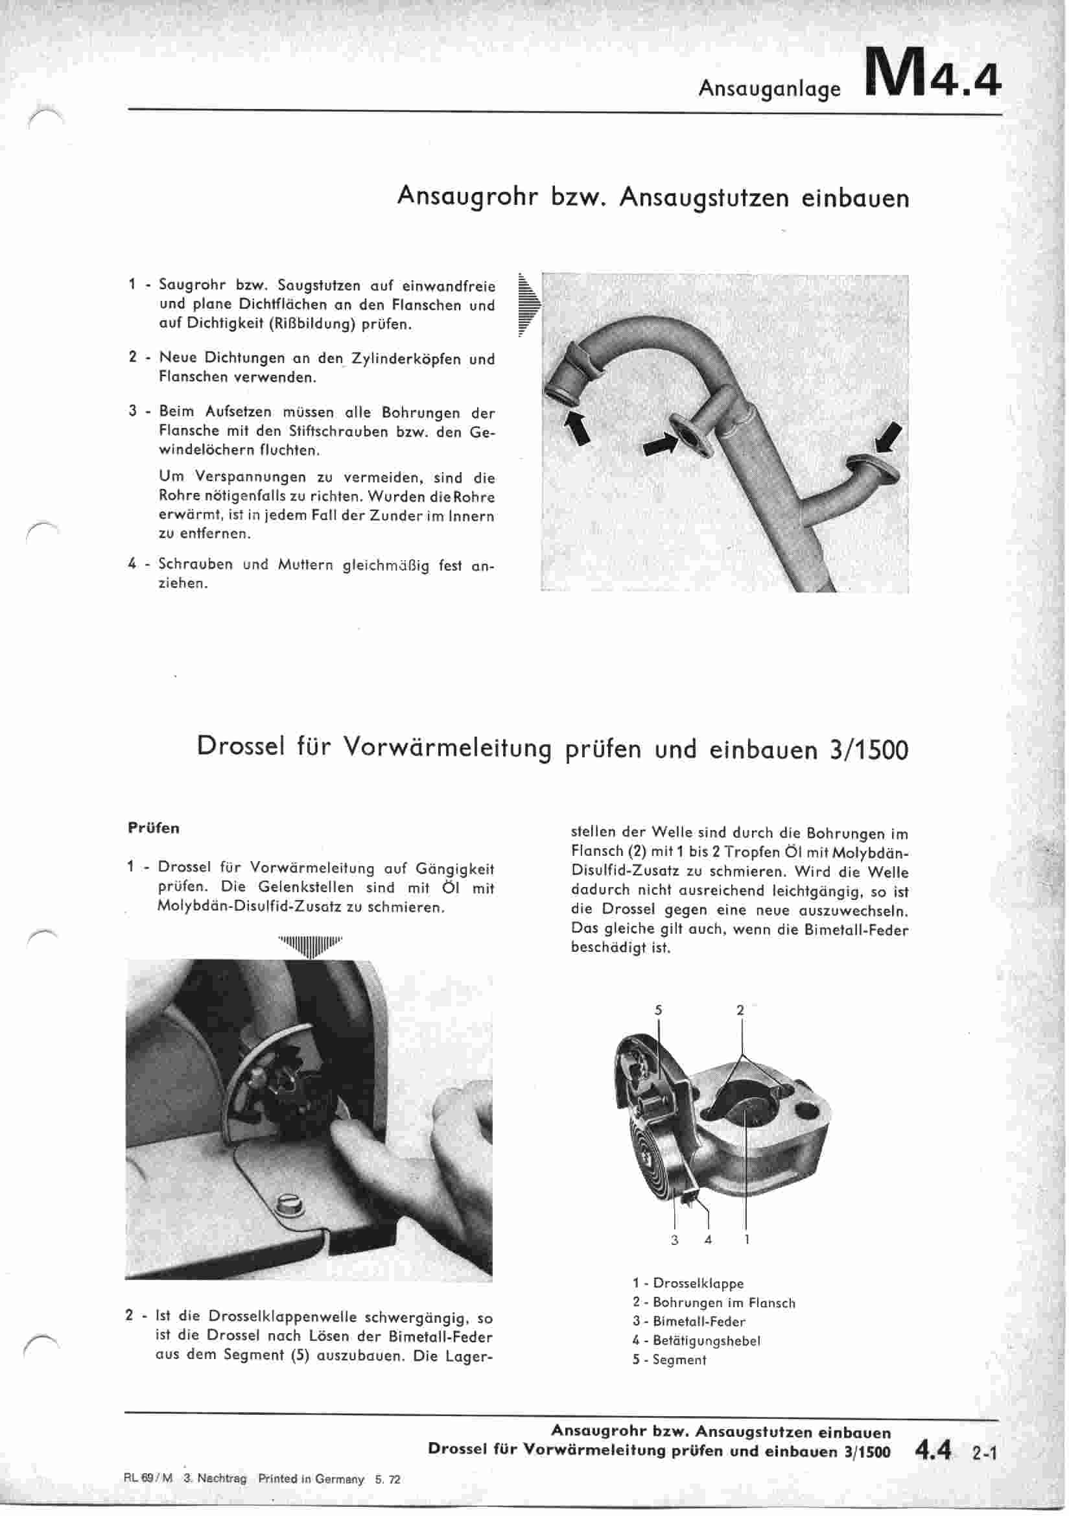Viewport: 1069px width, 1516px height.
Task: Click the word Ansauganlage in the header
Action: [x=769, y=88]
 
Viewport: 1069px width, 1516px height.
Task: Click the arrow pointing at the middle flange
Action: [x=661, y=445]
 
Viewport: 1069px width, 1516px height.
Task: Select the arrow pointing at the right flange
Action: [x=887, y=436]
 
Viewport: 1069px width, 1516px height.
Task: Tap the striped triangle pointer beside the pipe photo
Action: [x=529, y=304]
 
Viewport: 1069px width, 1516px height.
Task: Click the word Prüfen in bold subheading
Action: [x=153, y=828]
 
